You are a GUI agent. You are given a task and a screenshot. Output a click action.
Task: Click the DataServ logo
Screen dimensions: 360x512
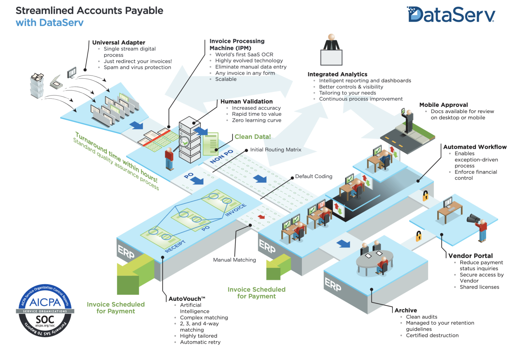click(x=451, y=15)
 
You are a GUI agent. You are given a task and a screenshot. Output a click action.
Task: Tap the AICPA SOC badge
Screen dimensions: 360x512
click(x=45, y=311)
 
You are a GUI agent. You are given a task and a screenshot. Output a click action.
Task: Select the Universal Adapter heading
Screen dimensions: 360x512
click(x=119, y=43)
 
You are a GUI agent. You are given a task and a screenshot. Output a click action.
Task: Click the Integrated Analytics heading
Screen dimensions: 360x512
click(x=337, y=74)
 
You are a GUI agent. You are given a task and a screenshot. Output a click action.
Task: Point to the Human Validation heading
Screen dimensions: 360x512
click(x=246, y=101)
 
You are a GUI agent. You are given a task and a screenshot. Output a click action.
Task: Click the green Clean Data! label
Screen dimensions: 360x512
click(x=252, y=137)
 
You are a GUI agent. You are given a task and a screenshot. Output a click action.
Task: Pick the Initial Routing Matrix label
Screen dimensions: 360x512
click(x=276, y=150)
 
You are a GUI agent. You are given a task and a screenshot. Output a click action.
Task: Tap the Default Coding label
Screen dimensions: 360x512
click(x=314, y=176)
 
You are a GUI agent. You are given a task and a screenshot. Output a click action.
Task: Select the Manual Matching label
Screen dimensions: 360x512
click(x=234, y=260)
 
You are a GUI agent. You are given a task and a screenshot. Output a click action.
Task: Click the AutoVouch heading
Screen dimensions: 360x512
click(x=187, y=299)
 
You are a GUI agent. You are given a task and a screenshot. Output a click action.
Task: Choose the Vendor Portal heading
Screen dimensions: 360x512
click(x=470, y=256)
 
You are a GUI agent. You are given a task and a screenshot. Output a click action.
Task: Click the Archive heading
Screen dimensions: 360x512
click(x=406, y=310)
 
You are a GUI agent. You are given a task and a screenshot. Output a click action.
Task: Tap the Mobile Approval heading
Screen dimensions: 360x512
click(x=443, y=105)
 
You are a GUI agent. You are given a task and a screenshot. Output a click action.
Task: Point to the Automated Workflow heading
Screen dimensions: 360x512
click(x=475, y=147)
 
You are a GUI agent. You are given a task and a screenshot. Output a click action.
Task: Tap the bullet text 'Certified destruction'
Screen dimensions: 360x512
click(x=432, y=336)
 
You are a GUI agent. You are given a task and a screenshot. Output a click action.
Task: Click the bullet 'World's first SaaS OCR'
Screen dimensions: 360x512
click(x=244, y=55)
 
